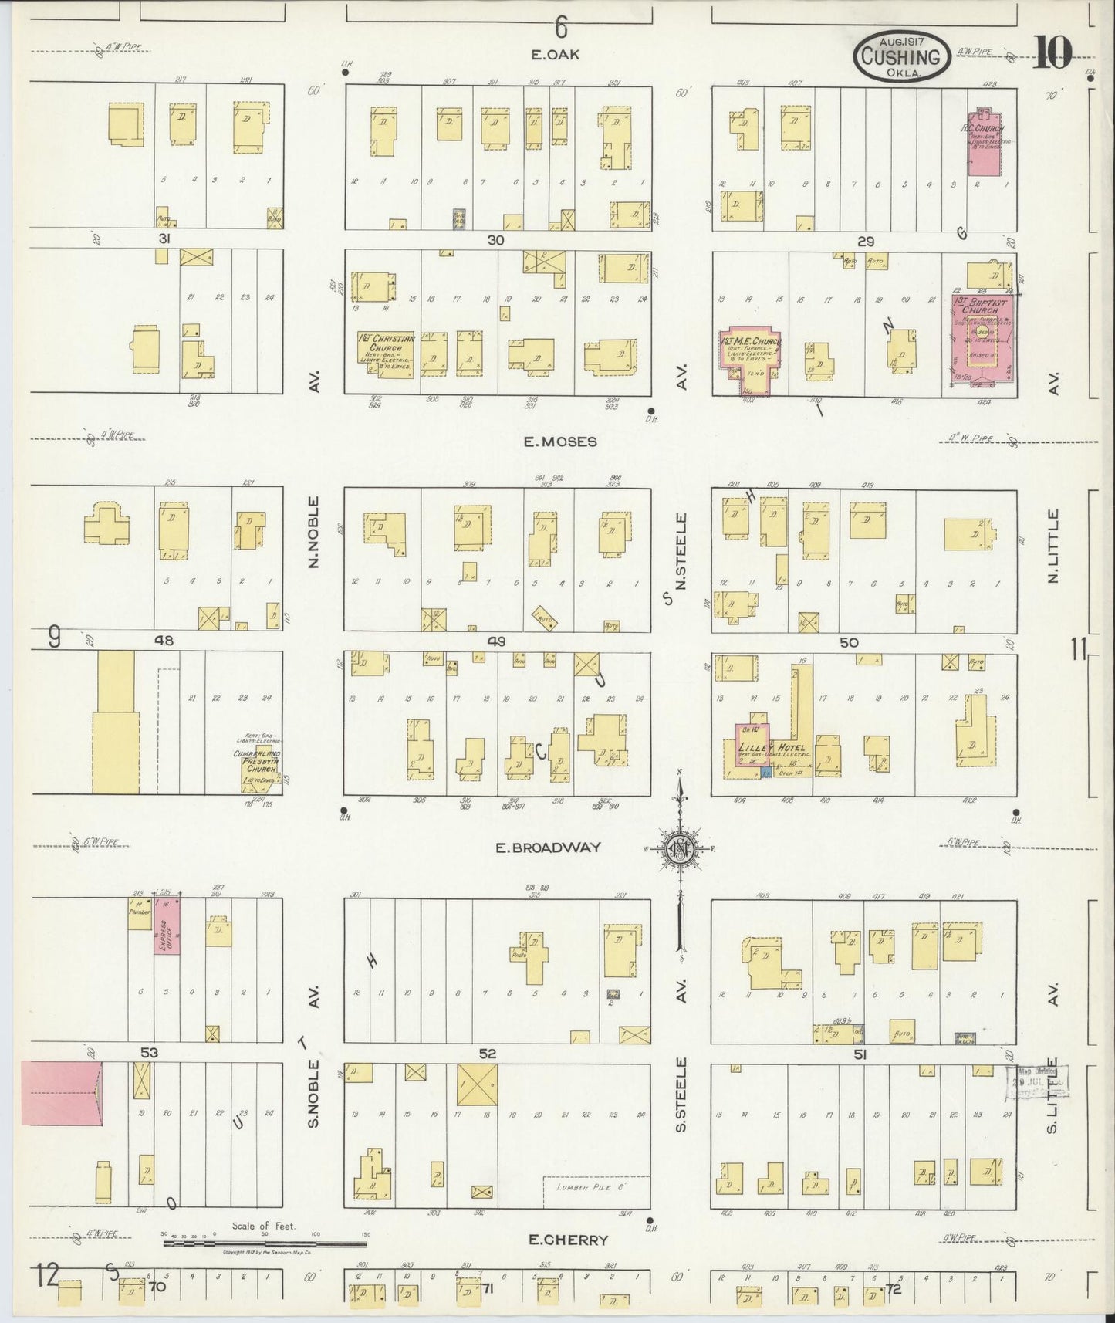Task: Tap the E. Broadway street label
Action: pos(548,848)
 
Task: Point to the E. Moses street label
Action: pos(559,442)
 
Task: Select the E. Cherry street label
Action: pos(568,1240)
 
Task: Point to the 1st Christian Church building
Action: pos(387,354)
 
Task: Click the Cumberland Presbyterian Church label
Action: pos(260,760)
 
